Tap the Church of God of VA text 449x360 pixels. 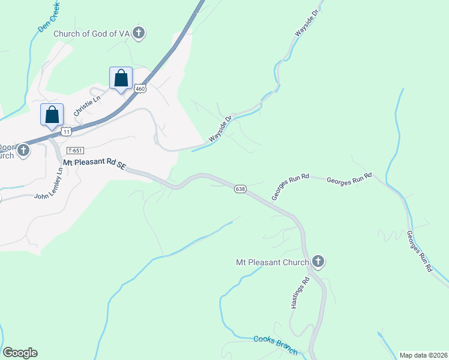(92, 34)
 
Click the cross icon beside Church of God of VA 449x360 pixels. (139, 32)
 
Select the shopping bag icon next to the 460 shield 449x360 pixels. (121, 79)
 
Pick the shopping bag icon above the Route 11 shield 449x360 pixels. (52, 115)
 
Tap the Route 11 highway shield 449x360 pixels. (66, 131)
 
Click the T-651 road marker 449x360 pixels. (75, 151)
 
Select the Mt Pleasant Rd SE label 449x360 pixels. (95, 164)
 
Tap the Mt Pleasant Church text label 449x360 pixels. (272, 262)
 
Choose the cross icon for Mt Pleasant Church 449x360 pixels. (318, 261)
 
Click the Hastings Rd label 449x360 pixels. (300, 293)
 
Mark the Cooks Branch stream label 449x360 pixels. (275, 344)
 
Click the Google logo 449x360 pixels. (20, 353)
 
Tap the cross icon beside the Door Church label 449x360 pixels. (23, 150)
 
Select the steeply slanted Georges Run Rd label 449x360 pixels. (419, 252)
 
